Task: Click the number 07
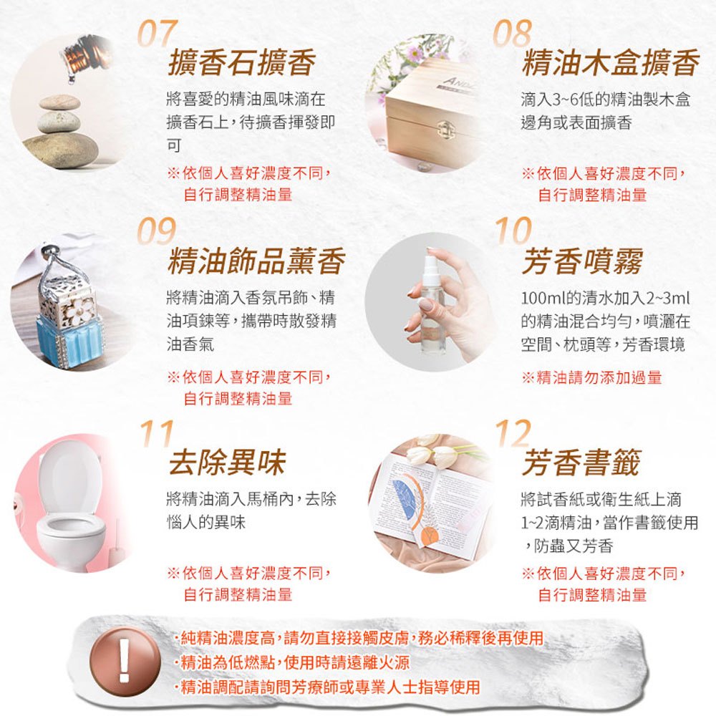158,33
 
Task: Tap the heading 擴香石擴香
241,62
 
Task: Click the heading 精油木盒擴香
611,62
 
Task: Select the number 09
157,231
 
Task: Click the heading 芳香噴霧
583,261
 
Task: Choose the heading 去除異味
227,462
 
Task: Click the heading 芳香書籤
581,462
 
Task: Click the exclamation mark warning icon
125,661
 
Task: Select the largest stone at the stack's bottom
60,150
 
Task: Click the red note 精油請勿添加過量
592,377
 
